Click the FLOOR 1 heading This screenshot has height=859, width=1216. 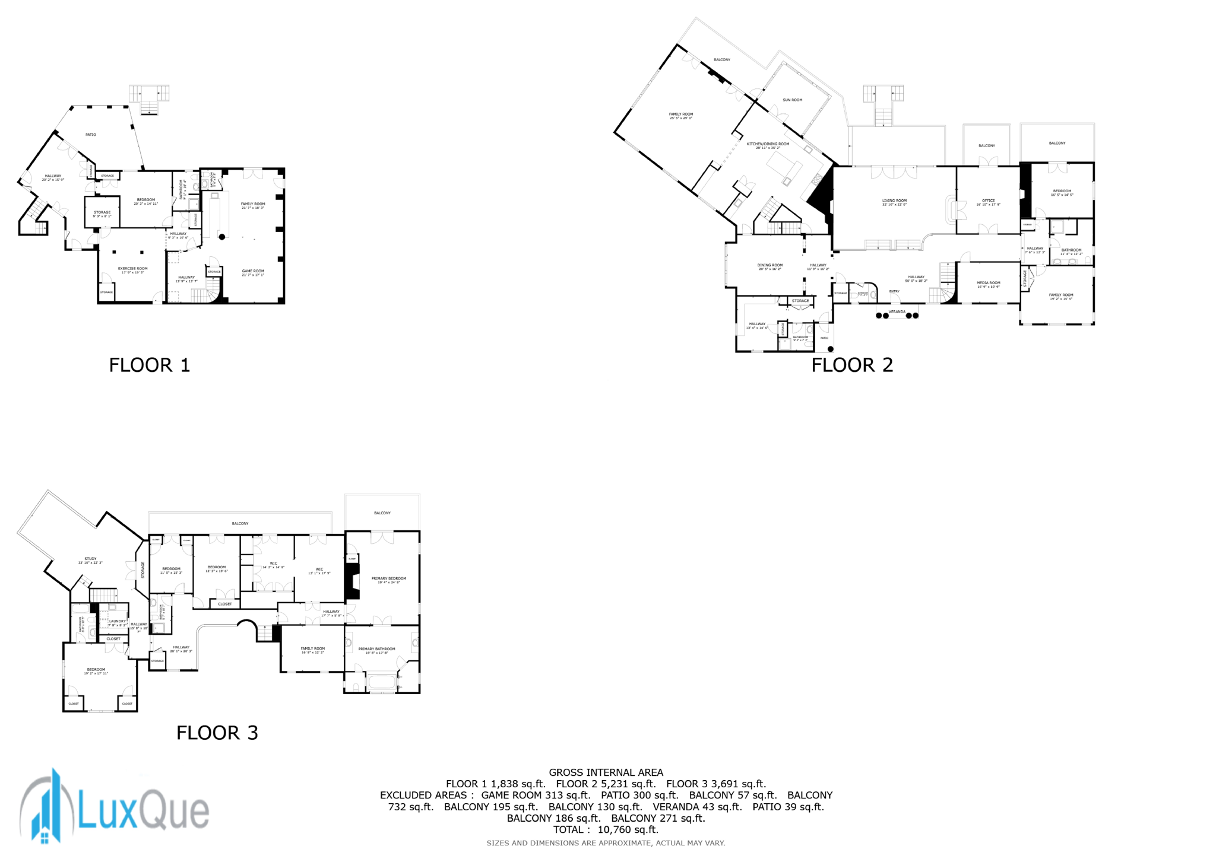(x=150, y=365)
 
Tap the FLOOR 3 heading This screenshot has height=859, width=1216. (x=217, y=733)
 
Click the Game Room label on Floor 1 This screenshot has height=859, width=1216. (x=253, y=272)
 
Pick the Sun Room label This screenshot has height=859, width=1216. (x=792, y=100)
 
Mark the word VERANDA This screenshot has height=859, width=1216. (x=897, y=311)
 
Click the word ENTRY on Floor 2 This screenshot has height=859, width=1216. (x=894, y=291)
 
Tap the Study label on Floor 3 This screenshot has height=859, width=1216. (x=90, y=559)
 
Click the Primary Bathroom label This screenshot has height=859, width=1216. (x=376, y=650)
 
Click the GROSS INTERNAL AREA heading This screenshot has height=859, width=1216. (x=606, y=772)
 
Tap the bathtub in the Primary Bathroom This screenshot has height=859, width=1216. (x=381, y=682)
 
